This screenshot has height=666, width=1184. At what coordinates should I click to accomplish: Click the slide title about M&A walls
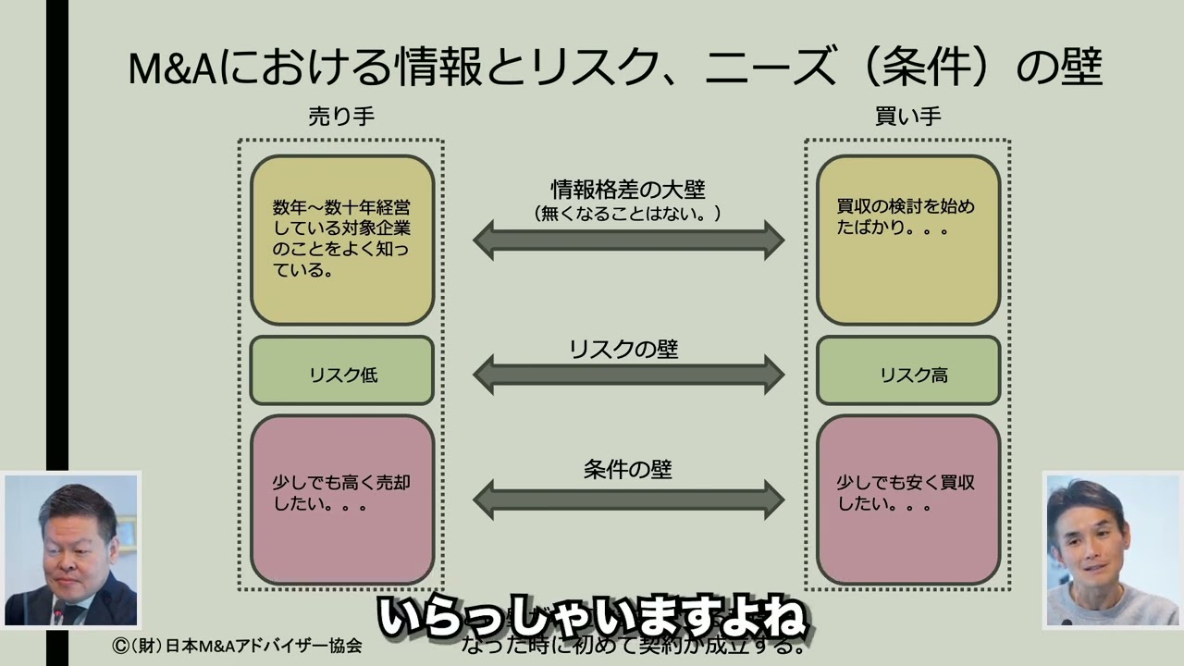point(615,68)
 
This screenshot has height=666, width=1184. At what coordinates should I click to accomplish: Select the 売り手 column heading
point(341,117)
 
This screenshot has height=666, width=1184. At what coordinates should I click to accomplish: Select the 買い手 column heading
point(907,117)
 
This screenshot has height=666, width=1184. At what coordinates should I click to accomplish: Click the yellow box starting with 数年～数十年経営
point(342,240)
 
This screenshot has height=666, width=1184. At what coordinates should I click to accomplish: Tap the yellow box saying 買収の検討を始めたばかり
point(907,240)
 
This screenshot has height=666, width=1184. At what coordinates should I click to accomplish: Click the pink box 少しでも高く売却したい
point(342,499)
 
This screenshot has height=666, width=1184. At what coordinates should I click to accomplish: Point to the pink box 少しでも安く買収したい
point(907,499)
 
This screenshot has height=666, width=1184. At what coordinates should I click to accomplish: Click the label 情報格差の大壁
point(628,190)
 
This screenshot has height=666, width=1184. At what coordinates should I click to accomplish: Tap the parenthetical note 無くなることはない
point(628,214)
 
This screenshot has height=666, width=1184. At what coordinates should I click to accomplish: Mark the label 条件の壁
point(628,469)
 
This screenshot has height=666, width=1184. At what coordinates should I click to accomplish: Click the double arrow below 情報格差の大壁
point(628,240)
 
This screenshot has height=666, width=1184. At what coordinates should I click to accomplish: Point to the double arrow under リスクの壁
point(628,375)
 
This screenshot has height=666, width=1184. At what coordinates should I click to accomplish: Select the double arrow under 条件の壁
point(628,499)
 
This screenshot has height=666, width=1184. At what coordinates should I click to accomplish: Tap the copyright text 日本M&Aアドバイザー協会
point(237,646)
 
